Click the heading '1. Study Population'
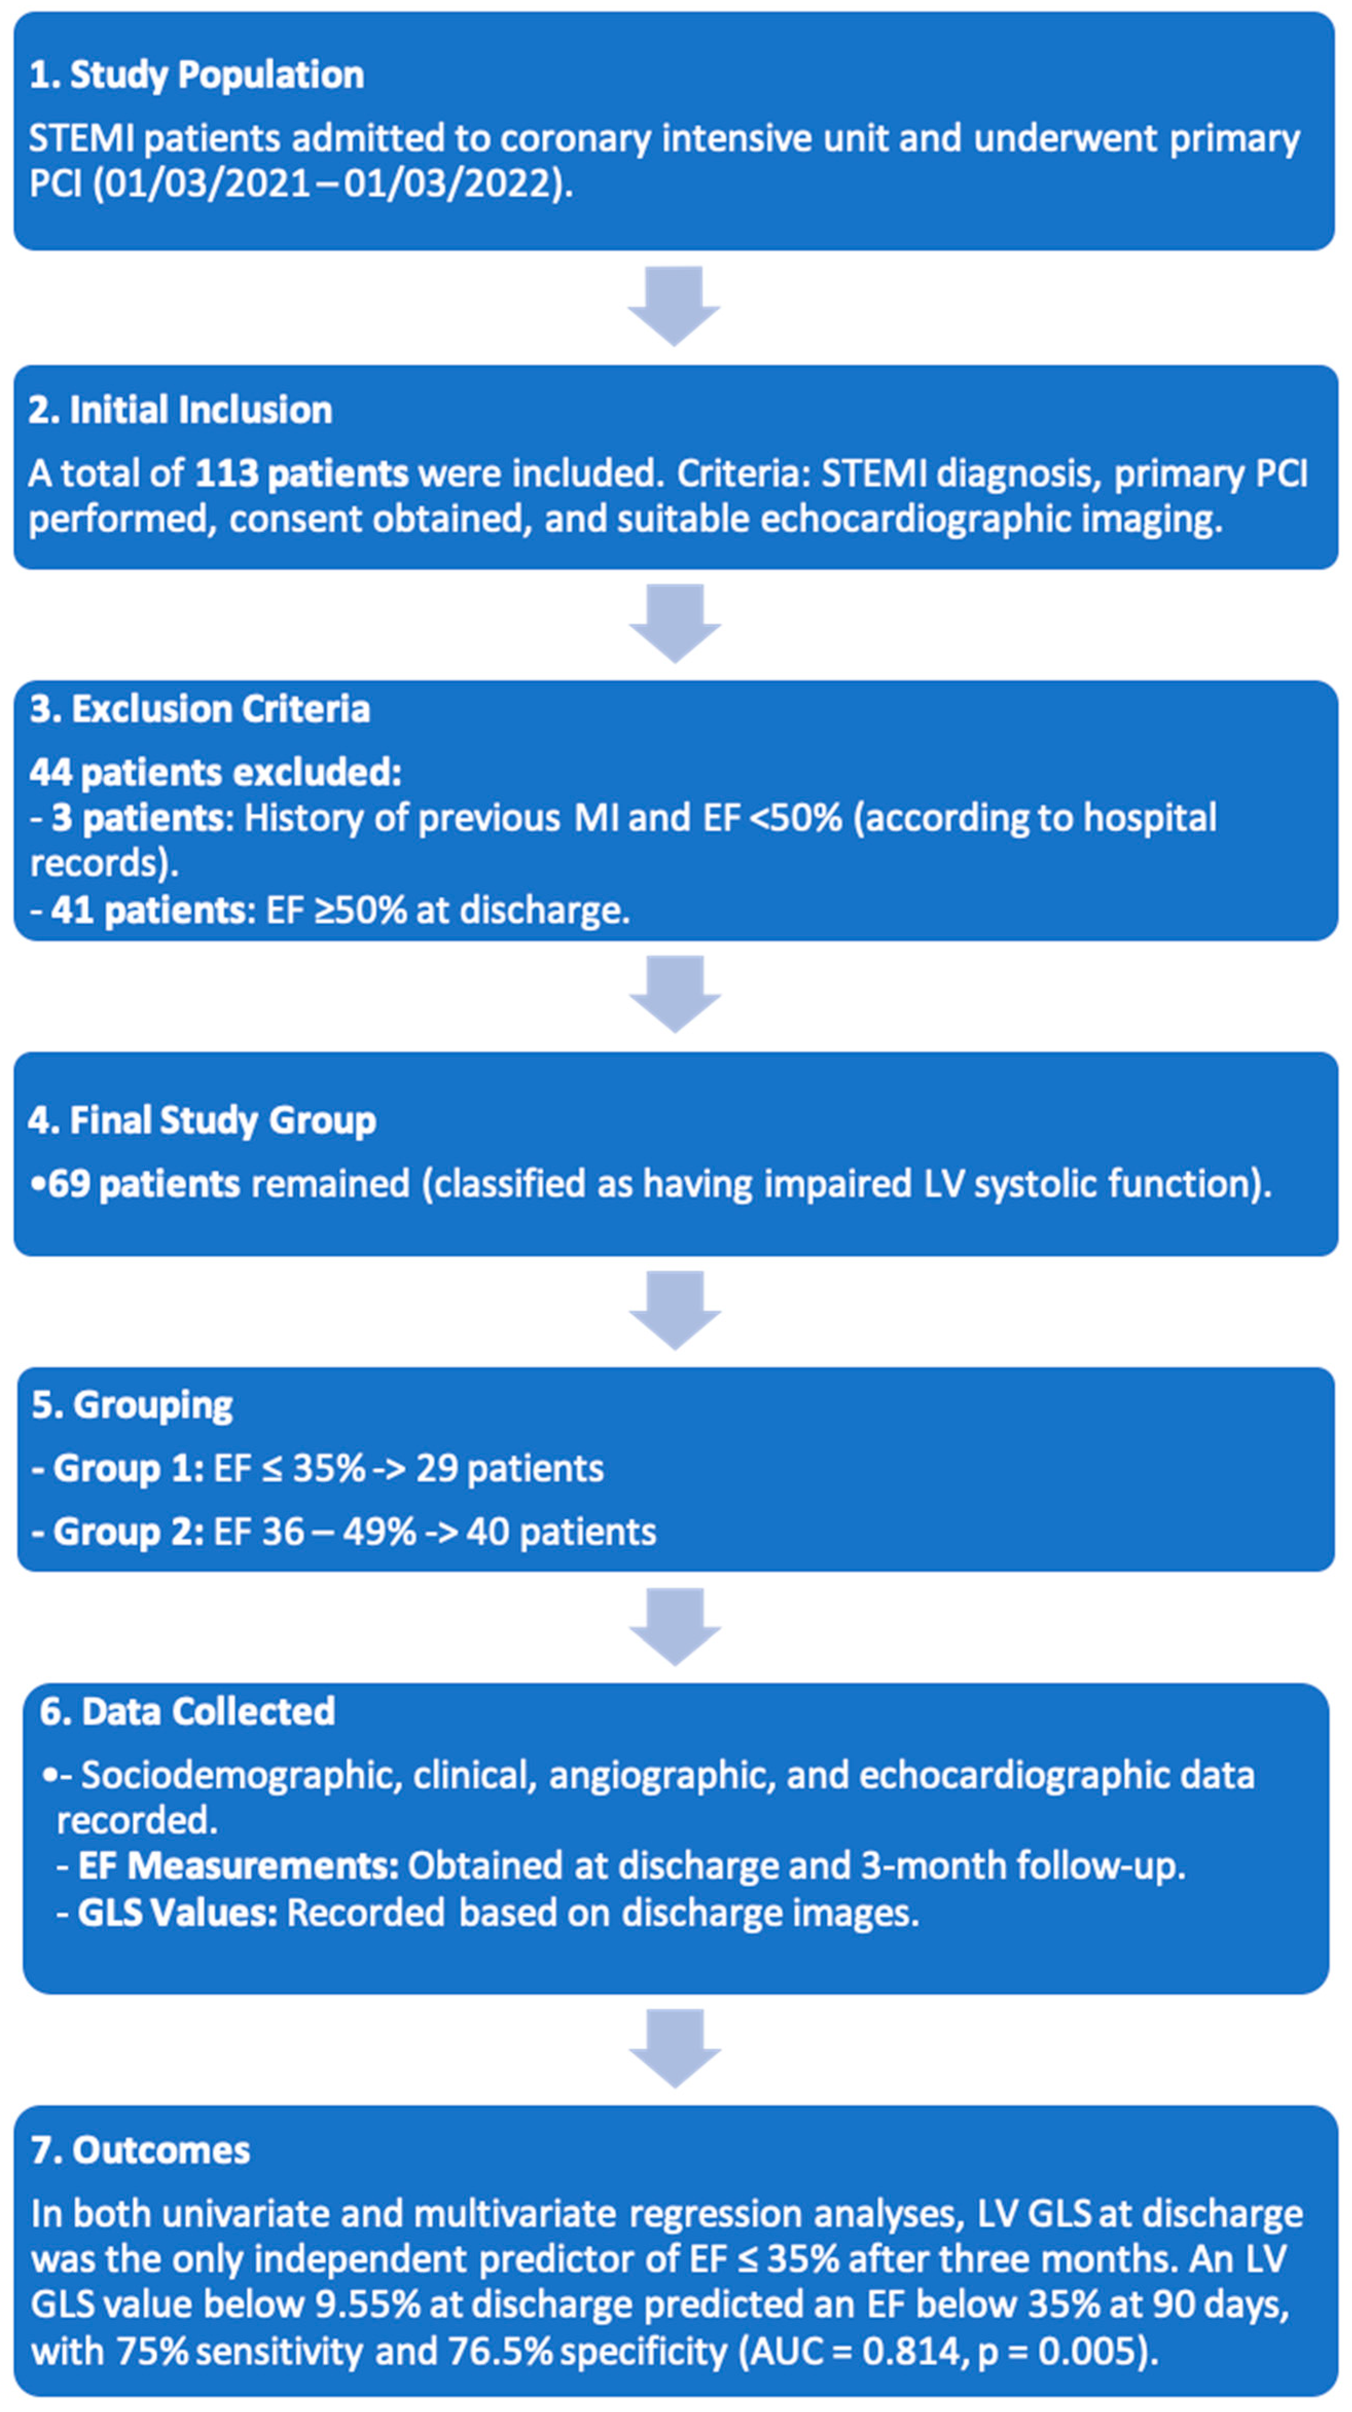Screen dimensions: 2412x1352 point(196,75)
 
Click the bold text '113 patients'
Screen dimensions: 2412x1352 point(301,474)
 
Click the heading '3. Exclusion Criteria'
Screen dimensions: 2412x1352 point(199,709)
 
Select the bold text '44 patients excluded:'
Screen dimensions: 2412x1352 point(215,772)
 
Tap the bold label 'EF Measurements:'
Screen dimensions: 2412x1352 point(238,1866)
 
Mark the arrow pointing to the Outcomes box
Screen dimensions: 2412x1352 point(674,2048)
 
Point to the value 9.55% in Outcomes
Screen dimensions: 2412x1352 point(367,2305)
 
